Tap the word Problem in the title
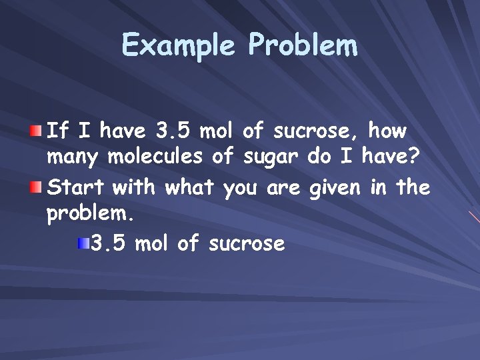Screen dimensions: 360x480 (x=303, y=47)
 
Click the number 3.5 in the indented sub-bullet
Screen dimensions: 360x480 (x=109, y=244)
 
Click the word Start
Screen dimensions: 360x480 (x=76, y=188)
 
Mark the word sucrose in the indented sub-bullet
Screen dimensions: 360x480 (x=247, y=245)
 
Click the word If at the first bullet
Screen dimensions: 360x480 (x=57, y=131)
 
